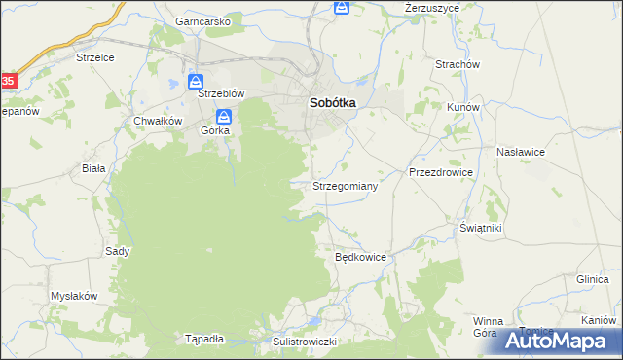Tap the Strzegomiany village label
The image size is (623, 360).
pyautogui.click(x=345, y=184)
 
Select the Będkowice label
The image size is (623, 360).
pyautogui.click(x=361, y=258)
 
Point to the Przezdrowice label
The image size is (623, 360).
pyautogui.click(x=440, y=172)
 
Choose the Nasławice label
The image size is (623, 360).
pyautogui.click(x=520, y=153)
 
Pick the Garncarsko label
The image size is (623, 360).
pyautogui.click(x=202, y=20)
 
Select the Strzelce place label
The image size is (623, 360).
pyautogui.click(x=95, y=57)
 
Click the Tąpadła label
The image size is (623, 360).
pyautogui.click(x=204, y=339)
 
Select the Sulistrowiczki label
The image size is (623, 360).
pyautogui.click(x=305, y=342)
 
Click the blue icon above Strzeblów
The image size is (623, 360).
pyautogui.click(x=196, y=81)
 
